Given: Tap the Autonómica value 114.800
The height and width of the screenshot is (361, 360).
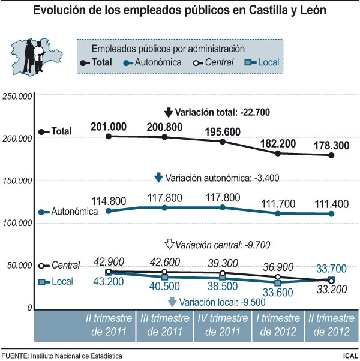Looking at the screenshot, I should (x=109, y=200).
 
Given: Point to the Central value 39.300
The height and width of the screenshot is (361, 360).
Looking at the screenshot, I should (x=222, y=261).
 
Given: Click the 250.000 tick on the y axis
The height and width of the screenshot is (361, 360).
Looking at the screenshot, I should (x=17, y=96).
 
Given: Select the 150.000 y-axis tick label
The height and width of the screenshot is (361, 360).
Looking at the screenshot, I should (x=17, y=180).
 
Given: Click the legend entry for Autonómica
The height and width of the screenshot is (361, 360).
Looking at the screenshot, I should (x=153, y=61).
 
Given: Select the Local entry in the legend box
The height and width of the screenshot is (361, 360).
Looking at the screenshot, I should (x=268, y=61).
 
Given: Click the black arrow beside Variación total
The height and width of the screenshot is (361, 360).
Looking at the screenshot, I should (x=169, y=112).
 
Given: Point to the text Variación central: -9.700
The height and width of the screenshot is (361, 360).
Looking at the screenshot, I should (x=224, y=245).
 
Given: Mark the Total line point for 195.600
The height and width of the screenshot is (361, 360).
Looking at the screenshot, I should (x=223, y=142).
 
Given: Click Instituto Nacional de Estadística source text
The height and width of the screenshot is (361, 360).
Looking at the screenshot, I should (x=79, y=356).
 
